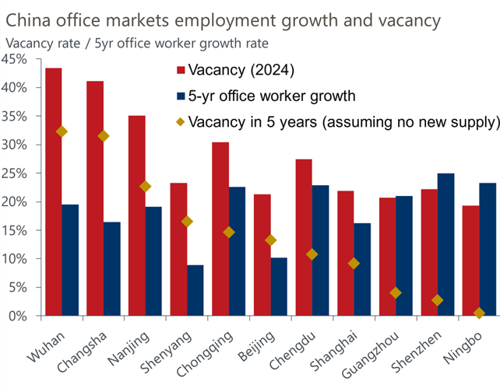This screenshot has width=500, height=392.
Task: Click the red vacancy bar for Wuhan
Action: tap(54, 191)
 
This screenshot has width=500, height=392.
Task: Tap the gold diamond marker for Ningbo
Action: tap(479, 313)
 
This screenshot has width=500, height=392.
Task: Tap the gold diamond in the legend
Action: tap(181, 122)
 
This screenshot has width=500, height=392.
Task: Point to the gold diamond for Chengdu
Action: tap(312, 254)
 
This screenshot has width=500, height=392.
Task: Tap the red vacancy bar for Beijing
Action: tap(262, 255)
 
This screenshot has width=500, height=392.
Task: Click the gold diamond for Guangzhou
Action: tap(396, 292)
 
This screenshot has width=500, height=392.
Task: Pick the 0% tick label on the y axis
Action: tap(18, 316)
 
